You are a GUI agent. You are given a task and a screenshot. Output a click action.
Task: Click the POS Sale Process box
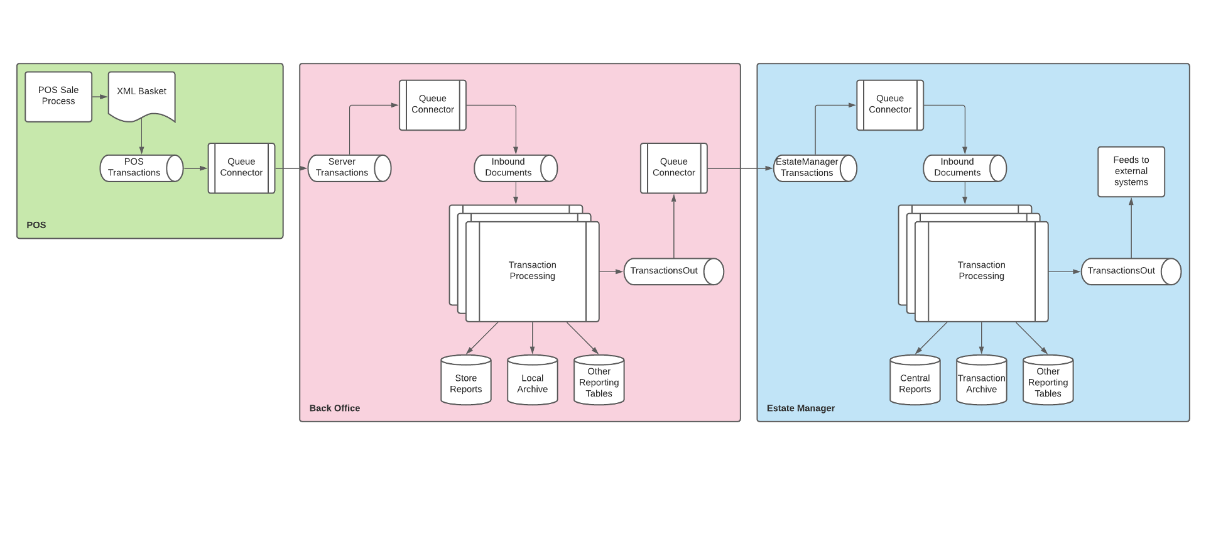pos(58,96)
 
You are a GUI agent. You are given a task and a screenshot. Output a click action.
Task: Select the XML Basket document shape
pos(141,94)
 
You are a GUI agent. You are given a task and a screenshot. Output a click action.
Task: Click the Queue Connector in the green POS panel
pos(241,168)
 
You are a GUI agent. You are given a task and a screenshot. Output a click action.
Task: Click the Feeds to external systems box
pos(1131,172)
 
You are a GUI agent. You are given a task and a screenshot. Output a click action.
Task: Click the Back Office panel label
pos(334,408)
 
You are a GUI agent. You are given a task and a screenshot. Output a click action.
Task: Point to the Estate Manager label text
pos(800,408)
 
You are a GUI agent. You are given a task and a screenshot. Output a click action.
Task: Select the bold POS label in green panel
pos(36,225)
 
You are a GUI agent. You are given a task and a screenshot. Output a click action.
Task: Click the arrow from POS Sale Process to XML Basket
pos(100,97)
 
